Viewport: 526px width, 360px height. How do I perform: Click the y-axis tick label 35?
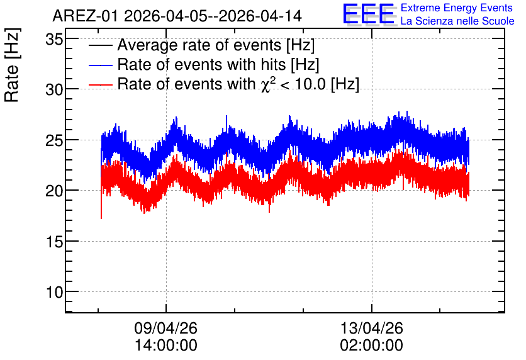point(54,40)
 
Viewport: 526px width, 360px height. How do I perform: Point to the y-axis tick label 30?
point(54,90)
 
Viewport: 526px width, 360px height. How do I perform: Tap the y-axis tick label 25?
point(54,140)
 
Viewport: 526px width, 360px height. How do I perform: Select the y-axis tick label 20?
point(54,191)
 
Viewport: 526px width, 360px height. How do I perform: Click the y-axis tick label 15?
point(54,242)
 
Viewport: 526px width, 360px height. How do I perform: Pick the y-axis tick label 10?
point(54,292)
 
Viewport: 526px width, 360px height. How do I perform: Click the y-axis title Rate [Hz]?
point(12,65)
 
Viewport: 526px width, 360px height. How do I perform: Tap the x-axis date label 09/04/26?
point(165,328)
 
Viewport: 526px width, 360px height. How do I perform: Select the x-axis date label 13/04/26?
point(372,328)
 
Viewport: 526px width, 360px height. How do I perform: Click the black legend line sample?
point(101,45)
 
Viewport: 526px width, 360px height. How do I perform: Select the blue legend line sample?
point(101,65)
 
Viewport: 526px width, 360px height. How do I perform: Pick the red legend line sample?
point(101,84)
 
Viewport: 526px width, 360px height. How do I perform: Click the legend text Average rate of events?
point(199,45)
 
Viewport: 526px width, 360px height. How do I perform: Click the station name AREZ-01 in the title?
point(85,16)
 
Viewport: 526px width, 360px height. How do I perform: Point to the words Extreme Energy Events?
point(457,8)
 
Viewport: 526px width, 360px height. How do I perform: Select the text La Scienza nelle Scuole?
point(457,21)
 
